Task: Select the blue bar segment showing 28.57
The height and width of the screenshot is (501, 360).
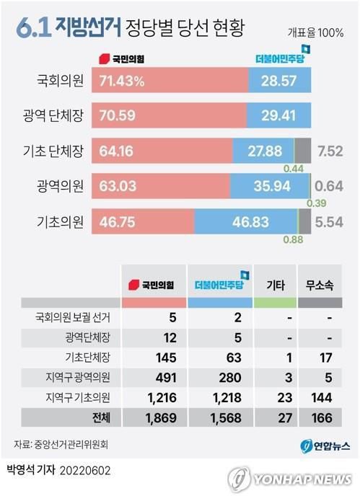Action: pyautogui.click(x=280, y=81)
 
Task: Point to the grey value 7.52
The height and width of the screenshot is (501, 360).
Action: pyautogui.click(x=333, y=152)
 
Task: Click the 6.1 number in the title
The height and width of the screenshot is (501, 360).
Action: pyautogui.click(x=32, y=29)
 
